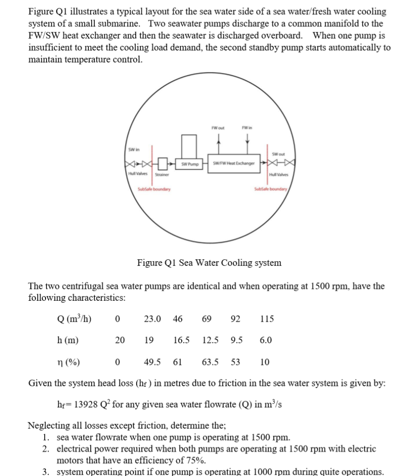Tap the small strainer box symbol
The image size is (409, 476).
(x=162, y=164)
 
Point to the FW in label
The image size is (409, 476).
(x=247, y=127)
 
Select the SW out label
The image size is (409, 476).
(x=278, y=154)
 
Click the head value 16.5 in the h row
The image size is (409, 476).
(x=181, y=340)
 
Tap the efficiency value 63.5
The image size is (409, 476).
(x=211, y=362)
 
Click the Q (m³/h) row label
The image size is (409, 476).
(x=74, y=319)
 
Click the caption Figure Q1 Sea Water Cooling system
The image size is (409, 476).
(x=209, y=263)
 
